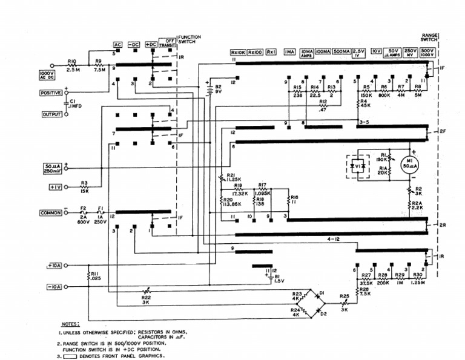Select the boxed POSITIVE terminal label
(x=51, y=93)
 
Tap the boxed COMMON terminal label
(x=51, y=213)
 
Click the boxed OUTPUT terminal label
(x=51, y=114)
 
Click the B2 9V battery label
(x=219, y=90)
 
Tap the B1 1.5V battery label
(x=278, y=278)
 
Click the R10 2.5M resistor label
(x=72, y=65)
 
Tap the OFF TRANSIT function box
(x=167, y=41)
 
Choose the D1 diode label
(x=322, y=293)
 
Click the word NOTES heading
(x=71, y=324)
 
